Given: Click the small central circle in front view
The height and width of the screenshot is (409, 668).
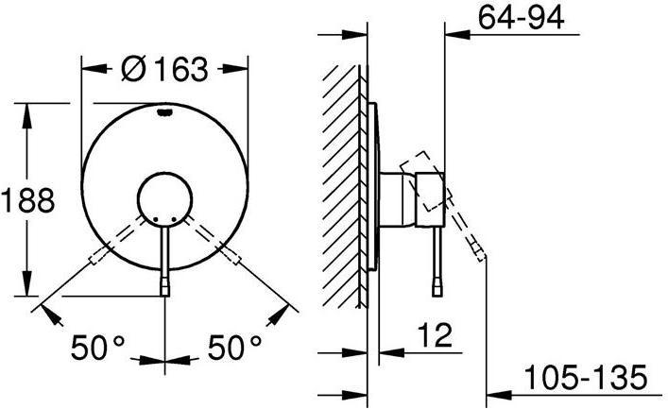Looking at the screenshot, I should pyautogui.click(x=165, y=200).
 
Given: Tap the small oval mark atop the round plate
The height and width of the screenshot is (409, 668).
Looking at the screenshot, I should pyautogui.click(x=165, y=113).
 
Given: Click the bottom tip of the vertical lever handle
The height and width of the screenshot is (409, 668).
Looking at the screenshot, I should pyautogui.click(x=165, y=287).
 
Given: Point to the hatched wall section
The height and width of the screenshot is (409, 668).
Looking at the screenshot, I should pyautogui.click(x=341, y=184).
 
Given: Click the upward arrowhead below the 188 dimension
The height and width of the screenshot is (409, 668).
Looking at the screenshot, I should pyautogui.click(x=28, y=288).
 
